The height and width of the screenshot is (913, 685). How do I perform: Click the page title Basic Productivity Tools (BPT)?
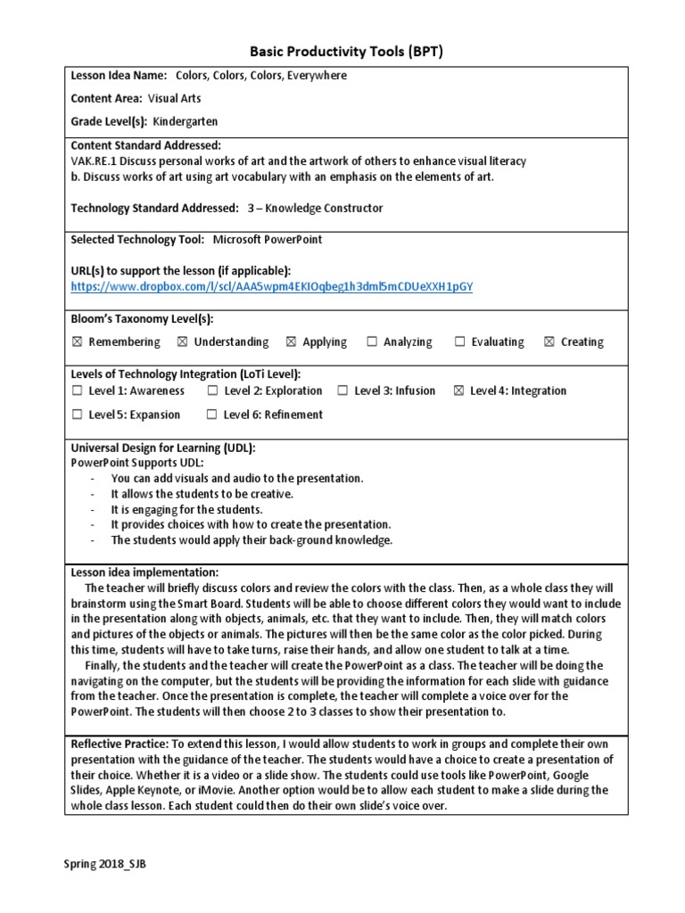pyautogui.click(x=342, y=52)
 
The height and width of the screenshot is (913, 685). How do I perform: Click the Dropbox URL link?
pyautogui.click(x=272, y=286)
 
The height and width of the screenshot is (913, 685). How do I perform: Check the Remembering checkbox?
pyautogui.click(x=77, y=342)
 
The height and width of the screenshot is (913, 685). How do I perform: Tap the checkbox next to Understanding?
pyautogui.click(x=182, y=342)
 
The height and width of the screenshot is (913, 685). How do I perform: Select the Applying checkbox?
pyautogui.click(x=291, y=342)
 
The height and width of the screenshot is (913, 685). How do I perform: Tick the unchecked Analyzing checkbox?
pyautogui.click(x=371, y=342)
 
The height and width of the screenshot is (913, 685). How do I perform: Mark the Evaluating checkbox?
pyautogui.click(x=460, y=342)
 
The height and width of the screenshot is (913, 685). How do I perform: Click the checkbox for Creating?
pyautogui.click(x=549, y=342)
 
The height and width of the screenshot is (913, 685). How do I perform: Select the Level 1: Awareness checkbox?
pyautogui.click(x=77, y=391)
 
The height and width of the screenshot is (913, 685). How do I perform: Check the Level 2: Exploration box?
pyautogui.click(x=212, y=391)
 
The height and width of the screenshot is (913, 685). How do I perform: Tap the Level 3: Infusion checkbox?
pyautogui.click(x=342, y=391)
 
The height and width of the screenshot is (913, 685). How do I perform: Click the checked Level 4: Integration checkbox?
pyautogui.click(x=458, y=391)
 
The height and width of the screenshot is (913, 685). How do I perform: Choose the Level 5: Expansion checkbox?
pyautogui.click(x=77, y=415)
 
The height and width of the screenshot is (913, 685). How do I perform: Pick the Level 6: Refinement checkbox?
pyautogui.click(x=211, y=415)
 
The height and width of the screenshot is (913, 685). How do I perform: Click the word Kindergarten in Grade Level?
pyautogui.click(x=185, y=121)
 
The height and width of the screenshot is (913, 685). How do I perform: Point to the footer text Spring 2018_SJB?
pyautogui.click(x=104, y=864)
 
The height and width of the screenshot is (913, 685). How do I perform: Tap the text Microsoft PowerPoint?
pyautogui.click(x=267, y=240)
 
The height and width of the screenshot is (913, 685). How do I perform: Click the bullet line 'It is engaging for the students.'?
pyautogui.click(x=186, y=509)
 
